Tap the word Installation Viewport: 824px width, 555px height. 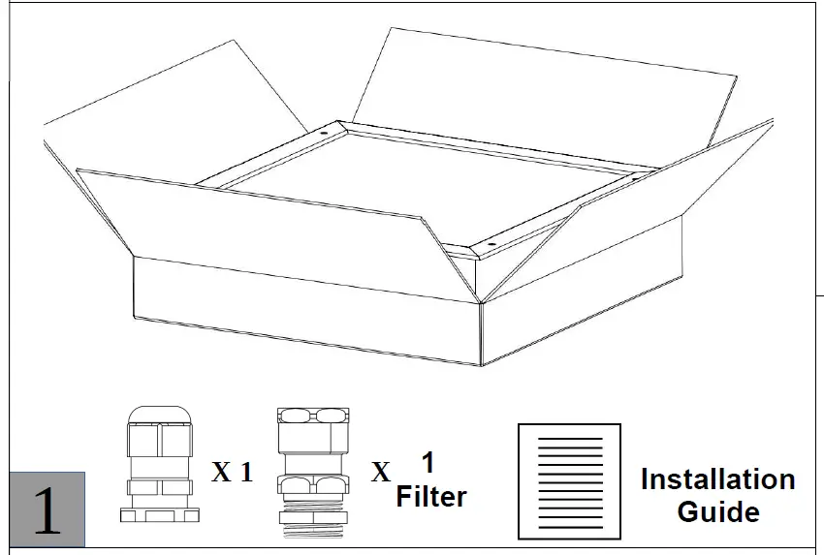click(x=717, y=479)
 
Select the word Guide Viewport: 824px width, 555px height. click(x=717, y=510)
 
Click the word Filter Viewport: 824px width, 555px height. click(x=431, y=497)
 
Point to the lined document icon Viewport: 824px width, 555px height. click(x=569, y=481)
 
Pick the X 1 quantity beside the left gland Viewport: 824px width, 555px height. click(x=233, y=473)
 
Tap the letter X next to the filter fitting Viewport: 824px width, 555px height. click(x=382, y=473)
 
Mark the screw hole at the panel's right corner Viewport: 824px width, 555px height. click(x=635, y=178)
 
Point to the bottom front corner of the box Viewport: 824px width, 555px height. click(x=482, y=366)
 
